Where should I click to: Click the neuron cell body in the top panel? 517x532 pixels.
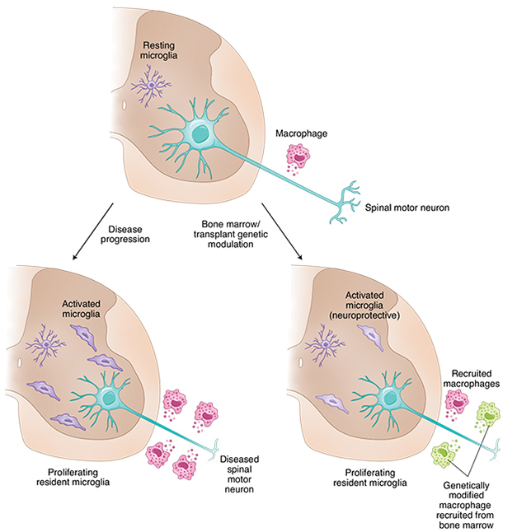(x=199, y=133)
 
